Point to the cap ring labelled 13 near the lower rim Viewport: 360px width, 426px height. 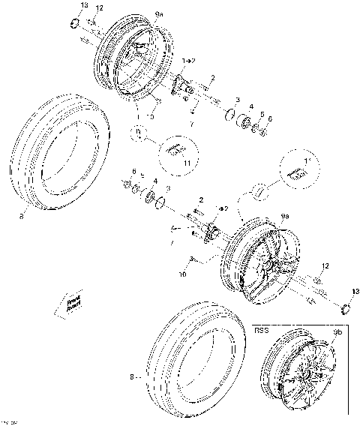(346, 307)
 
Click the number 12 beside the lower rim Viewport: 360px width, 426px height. (325, 266)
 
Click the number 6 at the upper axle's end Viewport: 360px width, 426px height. (270, 119)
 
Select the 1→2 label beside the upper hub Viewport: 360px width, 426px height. (188, 59)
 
